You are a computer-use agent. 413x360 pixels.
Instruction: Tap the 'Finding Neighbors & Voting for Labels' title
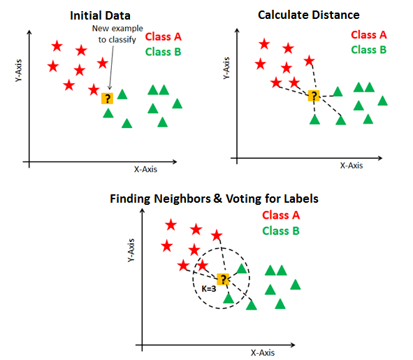[x=214, y=199]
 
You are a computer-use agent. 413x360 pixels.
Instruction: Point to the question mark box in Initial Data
[x=106, y=99]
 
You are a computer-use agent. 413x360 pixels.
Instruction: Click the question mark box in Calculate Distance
[x=314, y=96]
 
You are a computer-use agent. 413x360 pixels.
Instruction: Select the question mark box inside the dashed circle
[x=223, y=280]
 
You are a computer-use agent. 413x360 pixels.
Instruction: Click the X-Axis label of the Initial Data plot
[x=148, y=169]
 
